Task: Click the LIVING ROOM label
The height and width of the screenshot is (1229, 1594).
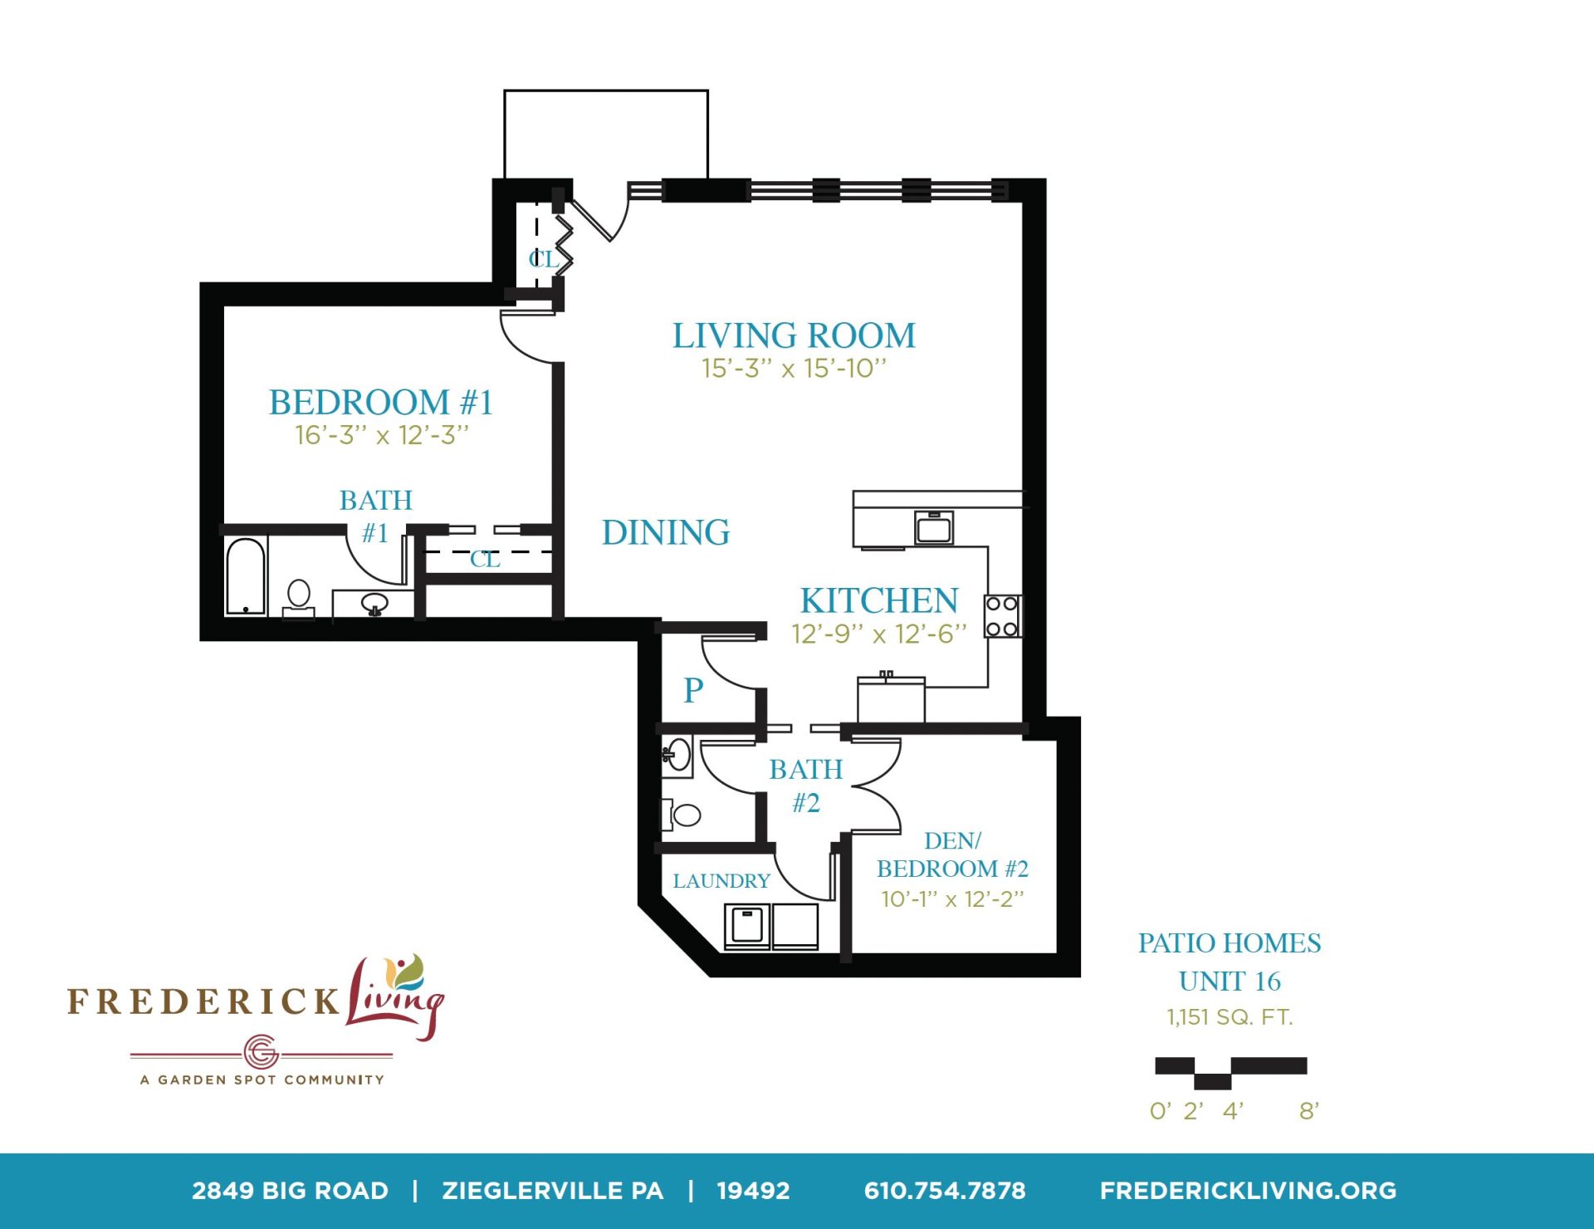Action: click(794, 335)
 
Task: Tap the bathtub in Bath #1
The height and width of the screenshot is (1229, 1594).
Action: click(246, 576)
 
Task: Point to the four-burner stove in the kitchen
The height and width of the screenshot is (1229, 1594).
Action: click(1003, 616)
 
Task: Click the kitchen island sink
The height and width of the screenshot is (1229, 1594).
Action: click(934, 527)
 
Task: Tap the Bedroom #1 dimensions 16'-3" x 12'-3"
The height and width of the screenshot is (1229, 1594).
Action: click(382, 435)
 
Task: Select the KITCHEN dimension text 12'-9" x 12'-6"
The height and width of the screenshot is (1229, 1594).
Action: click(879, 634)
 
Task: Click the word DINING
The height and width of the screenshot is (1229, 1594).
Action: click(666, 532)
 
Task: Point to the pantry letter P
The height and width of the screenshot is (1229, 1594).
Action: click(693, 690)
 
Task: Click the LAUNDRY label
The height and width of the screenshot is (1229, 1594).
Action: click(721, 880)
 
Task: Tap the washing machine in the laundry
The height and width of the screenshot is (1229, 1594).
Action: click(747, 927)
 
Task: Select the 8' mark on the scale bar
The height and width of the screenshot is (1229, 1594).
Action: click(1309, 1110)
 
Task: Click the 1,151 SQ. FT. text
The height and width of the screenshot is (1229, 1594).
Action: click(1230, 1017)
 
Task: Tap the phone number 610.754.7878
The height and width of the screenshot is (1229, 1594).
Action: click(945, 1191)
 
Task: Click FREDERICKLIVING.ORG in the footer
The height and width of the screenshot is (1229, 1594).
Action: click(1248, 1191)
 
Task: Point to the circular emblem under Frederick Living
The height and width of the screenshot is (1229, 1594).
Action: click(261, 1053)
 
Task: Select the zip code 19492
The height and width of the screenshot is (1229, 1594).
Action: click(753, 1191)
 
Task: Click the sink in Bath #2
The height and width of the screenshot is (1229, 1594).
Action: click(677, 756)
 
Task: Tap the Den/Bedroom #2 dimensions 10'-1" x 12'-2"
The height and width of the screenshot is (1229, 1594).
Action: click(952, 899)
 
